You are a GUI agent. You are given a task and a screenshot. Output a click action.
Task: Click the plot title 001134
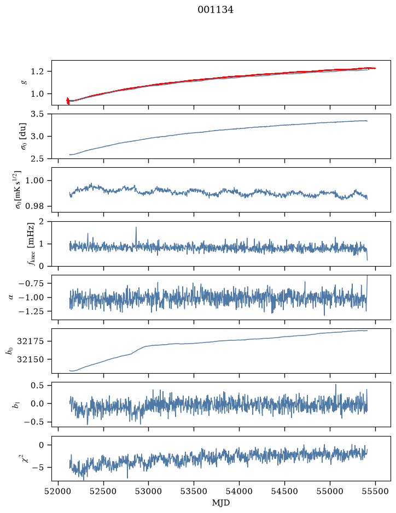coord(215,10)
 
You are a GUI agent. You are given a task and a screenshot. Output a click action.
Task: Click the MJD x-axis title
coord(221,503)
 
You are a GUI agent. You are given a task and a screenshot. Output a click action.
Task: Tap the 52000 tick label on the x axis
coord(59,491)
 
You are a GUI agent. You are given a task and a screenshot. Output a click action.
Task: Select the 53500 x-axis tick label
coord(194,491)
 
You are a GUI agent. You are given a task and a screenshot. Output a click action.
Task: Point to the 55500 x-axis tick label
coord(375,491)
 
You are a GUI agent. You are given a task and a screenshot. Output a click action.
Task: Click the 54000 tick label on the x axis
coord(239,491)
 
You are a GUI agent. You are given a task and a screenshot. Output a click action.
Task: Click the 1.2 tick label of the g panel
coord(37,72)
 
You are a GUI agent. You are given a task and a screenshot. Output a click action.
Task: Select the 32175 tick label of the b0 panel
coord(30,341)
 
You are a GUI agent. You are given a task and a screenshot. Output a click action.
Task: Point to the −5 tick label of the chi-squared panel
coord(38,467)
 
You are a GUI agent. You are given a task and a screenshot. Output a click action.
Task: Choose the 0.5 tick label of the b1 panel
coord(37,385)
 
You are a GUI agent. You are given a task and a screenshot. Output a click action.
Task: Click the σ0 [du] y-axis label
coord(24,137)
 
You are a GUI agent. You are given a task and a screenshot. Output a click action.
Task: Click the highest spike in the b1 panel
coord(336,385)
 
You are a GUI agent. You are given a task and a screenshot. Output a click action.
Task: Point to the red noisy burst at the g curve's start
coord(68,101)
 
